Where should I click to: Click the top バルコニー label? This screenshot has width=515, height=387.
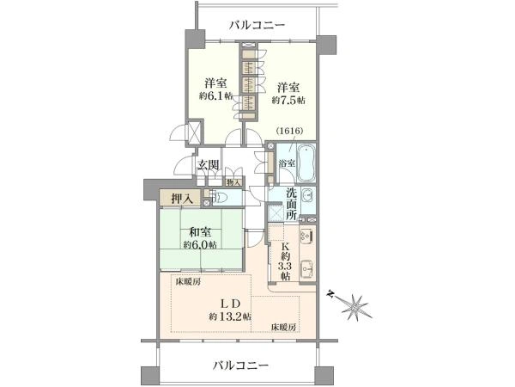click(257, 25)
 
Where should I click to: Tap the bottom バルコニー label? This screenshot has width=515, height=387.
click(241, 365)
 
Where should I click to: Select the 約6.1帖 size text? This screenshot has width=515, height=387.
click(215, 95)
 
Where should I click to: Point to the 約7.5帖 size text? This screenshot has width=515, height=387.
click(288, 100)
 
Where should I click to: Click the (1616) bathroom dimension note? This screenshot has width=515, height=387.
click(289, 131)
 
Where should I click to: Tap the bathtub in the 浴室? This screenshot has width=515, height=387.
click(306, 163)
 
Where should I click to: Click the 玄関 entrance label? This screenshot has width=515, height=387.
click(208, 164)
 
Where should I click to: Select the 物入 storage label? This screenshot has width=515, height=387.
click(233, 182)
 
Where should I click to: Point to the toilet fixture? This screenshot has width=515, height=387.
click(220, 198)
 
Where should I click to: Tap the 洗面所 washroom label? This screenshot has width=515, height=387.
click(291, 203)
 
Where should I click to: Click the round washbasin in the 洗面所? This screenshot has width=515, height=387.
click(308, 195)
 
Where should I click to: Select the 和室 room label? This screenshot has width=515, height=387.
click(200, 233)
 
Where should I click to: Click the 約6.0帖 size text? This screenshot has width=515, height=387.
click(200, 245)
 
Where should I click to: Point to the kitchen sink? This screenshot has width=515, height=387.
click(306, 268)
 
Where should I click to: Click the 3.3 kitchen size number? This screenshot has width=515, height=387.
click(285, 266)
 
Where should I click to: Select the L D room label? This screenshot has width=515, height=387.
click(231, 304)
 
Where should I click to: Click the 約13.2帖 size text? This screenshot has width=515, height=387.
click(230, 316)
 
